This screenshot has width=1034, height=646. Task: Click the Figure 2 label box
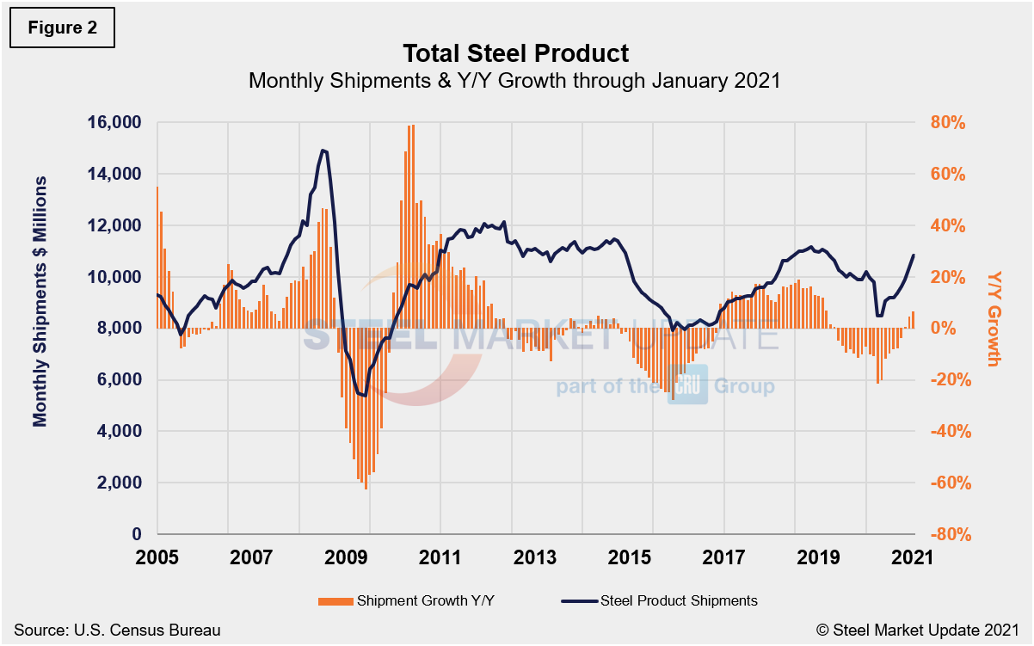(62, 28)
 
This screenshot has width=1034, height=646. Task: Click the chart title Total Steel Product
(516, 53)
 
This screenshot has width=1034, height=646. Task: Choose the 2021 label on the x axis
(911, 557)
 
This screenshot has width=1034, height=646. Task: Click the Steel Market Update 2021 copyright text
(918, 631)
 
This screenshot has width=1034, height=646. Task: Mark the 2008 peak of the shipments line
(323, 151)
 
